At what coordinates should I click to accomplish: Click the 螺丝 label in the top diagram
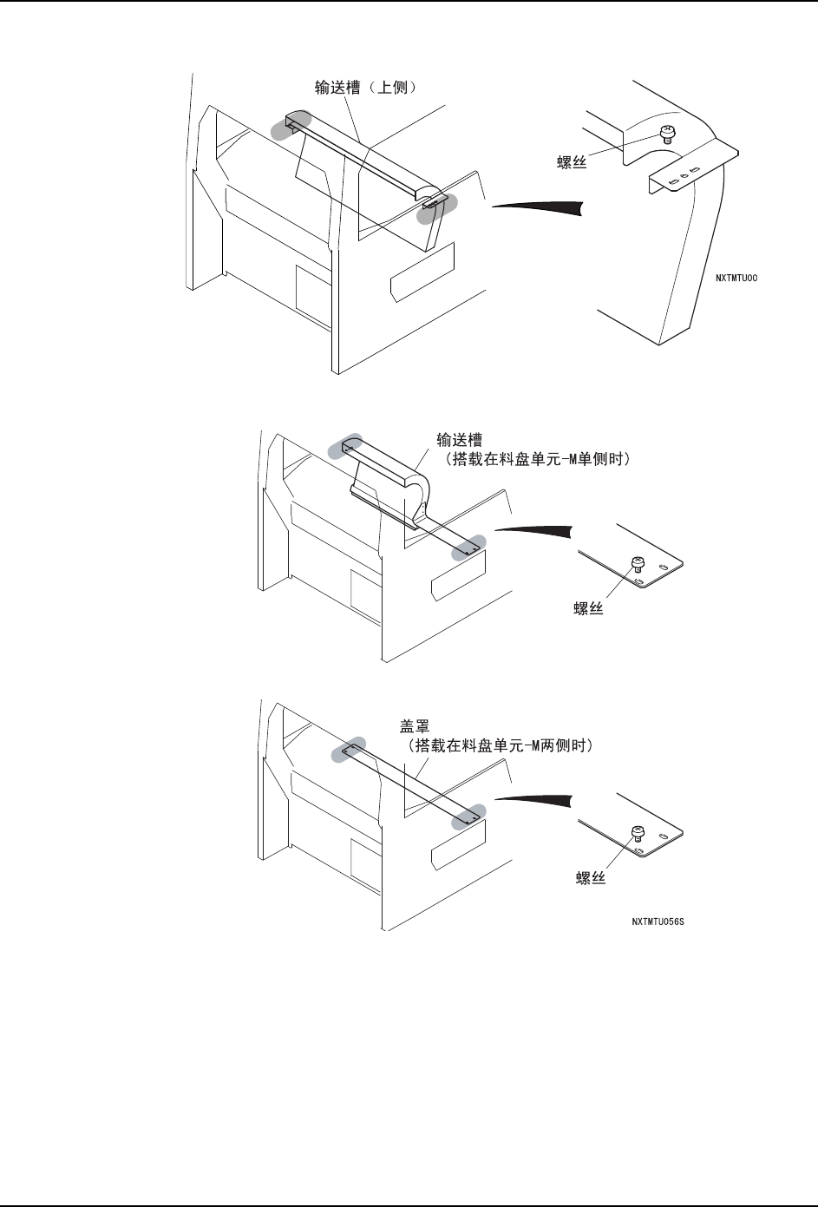(x=573, y=161)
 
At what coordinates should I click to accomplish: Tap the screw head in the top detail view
(x=668, y=132)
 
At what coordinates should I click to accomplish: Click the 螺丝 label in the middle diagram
(x=589, y=610)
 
